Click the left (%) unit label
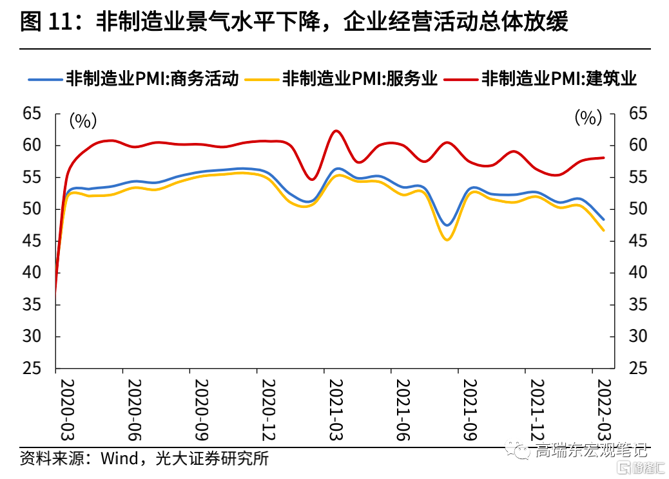pos(83,120)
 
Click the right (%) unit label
pos(587,118)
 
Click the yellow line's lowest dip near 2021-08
pos(446,239)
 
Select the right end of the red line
pos(603,158)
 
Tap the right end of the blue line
pos(603,220)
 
